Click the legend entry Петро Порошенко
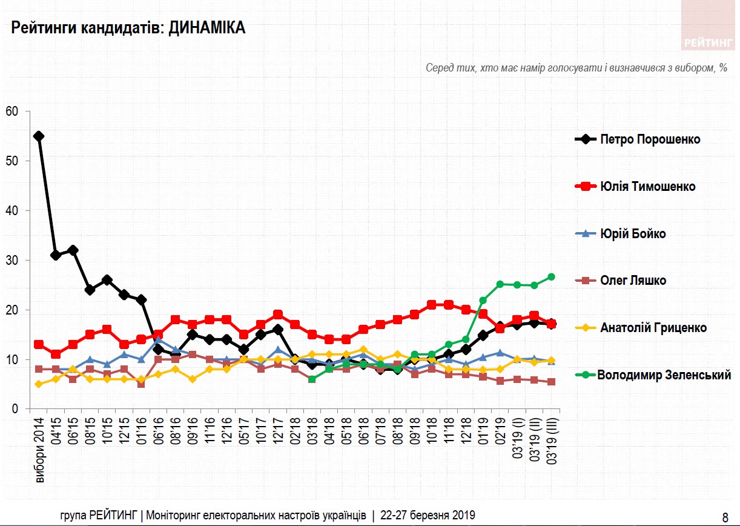pos(650,139)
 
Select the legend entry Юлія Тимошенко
pos(647,186)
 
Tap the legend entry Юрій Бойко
pos(633,233)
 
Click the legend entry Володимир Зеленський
pos(664,375)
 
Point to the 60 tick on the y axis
pos(12,112)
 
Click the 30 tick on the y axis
pos(12,261)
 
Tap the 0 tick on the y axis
pos(15,409)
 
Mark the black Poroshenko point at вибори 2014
pos(39,136)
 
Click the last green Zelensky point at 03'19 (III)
pos(552,277)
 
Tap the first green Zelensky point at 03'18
pos(312,379)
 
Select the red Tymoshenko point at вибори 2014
pos(39,344)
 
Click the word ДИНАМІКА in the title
pos(207,28)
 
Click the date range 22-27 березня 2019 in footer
pos(427,516)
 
